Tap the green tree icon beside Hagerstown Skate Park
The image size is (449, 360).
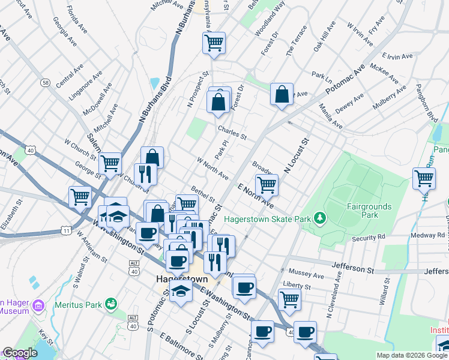pos(321,217)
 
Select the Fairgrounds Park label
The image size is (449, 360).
pos(369,210)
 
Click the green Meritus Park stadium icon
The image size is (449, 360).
pos(110,304)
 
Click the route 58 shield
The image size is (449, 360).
pos(46,82)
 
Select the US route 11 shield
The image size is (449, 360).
pos(66,229)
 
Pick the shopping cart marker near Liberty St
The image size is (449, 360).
pos(289,299)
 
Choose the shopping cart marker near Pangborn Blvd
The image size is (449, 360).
pos(424,178)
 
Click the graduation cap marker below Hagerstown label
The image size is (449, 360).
pos(179,291)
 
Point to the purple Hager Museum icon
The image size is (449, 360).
pos(39,307)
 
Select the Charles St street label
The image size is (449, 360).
pos(232,132)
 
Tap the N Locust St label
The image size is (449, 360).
pos(296,155)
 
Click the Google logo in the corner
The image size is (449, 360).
pos(19,353)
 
